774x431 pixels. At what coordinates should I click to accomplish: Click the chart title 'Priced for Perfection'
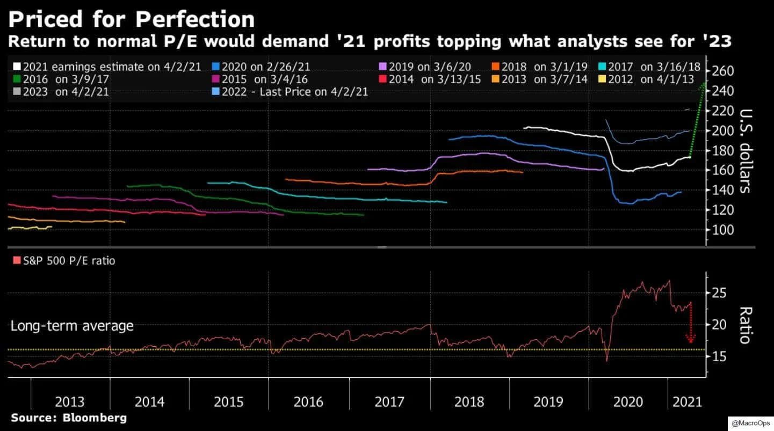(x=132, y=19)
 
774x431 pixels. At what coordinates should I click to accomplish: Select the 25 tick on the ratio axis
(x=719, y=293)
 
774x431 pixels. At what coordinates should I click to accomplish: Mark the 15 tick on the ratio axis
(x=719, y=356)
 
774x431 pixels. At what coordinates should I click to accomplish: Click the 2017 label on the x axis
(x=389, y=401)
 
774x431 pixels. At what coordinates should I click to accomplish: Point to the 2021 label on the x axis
(x=687, y=401)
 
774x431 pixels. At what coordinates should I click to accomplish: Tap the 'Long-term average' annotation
(x=72, y=326)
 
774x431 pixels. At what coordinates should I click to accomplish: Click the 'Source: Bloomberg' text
(x=69, y=418)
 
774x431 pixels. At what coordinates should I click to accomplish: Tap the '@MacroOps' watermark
(x=750, y=423)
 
